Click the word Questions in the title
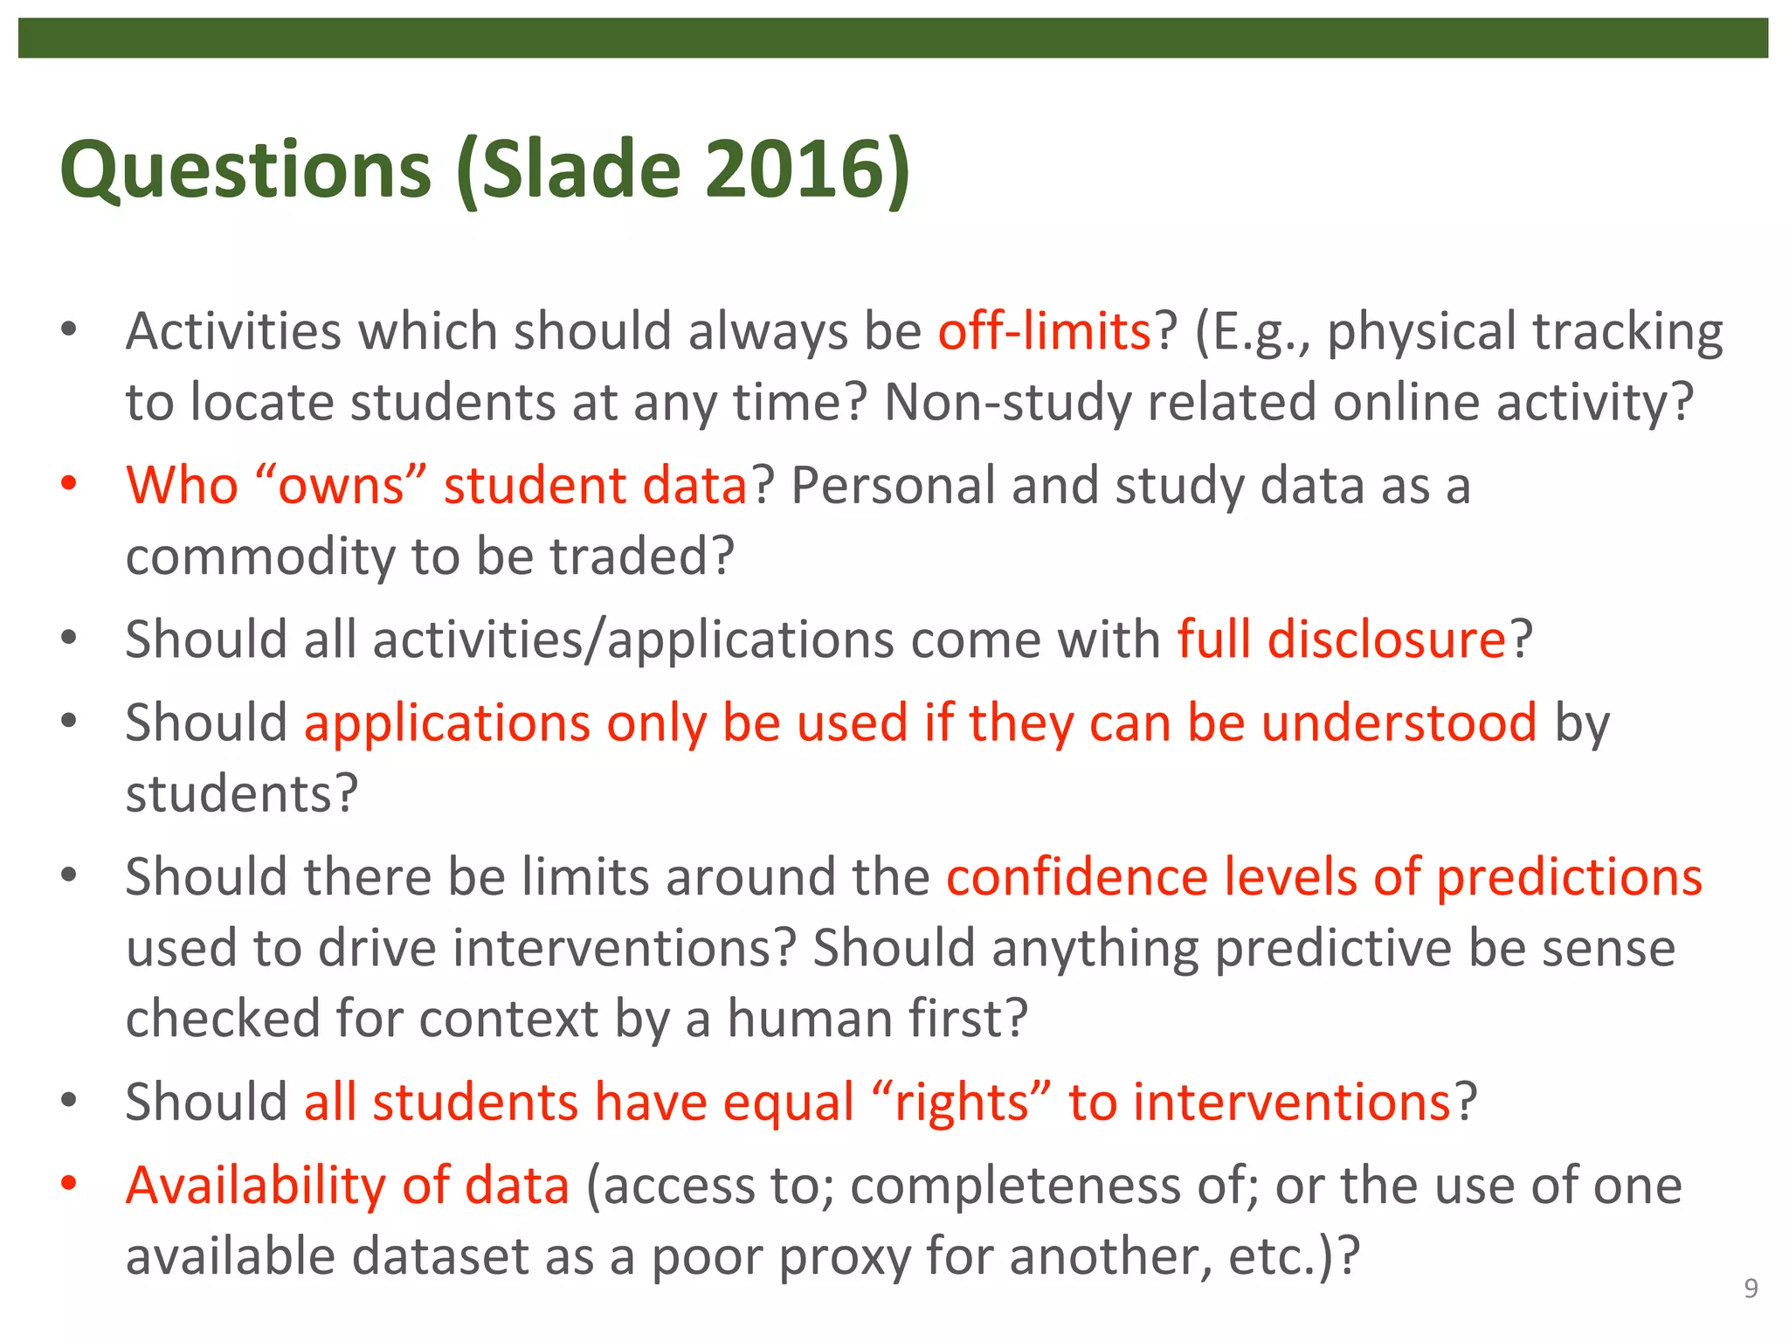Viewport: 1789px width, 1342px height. tap(245, 170)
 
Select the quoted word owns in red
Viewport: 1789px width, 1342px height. tap(341, 486)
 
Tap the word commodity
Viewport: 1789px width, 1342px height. tap(260, 557)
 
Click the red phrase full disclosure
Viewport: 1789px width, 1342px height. tap(1342, 640)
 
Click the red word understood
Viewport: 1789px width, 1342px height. tap(1399, 723)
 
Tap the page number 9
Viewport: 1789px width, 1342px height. tap(1751, 1289)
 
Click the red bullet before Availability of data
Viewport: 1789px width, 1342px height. tap(69, 1183)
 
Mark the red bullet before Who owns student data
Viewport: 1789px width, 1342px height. tap(69, 482)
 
